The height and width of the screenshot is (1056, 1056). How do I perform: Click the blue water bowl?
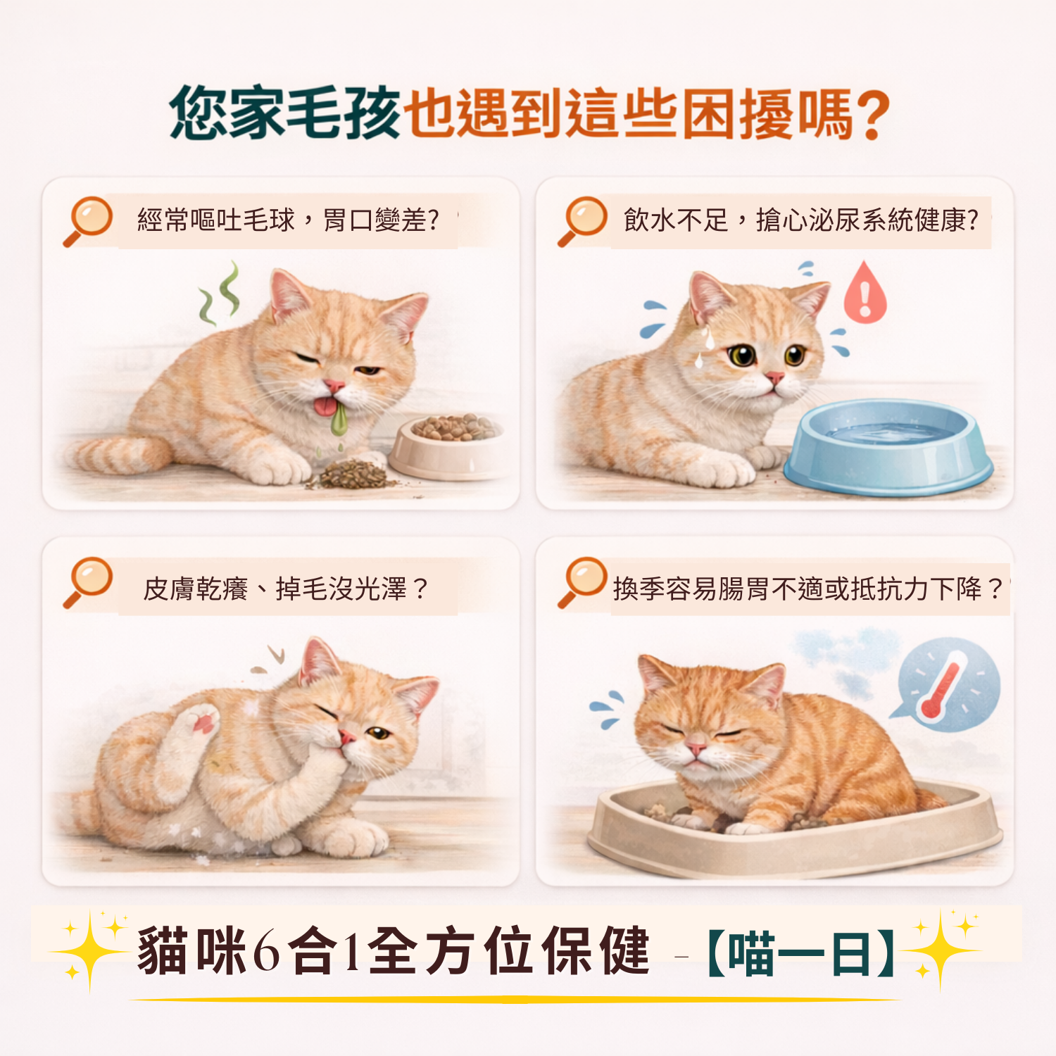click(x=888, y=446)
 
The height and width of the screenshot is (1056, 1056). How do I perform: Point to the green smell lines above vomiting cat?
click(x=220, y=294)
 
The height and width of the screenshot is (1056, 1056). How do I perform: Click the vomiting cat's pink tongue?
click(x=325, y=407)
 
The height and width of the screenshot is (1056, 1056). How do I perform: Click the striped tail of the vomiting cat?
click(x=116, y=454)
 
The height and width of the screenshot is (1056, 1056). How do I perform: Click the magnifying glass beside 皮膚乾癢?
click(x=88, y=582)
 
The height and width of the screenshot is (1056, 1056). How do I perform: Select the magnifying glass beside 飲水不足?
click(x=582, y=221)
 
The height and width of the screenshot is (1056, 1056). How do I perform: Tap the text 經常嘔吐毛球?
click(x=215, y=221)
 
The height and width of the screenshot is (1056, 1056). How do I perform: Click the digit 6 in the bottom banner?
click(x=267, y=951)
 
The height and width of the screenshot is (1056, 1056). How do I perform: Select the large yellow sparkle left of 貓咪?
click(x=89, y=951)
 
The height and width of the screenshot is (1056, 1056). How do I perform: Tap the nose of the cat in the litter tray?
click(x=696, y=746)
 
